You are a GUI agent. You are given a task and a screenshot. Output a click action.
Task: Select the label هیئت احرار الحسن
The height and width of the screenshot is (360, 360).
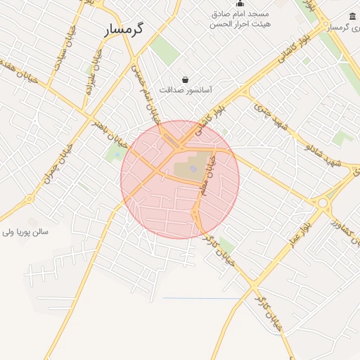(x=240, y=24)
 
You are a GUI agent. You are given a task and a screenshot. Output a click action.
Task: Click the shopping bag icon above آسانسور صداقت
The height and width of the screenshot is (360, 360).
(x=185, y=80)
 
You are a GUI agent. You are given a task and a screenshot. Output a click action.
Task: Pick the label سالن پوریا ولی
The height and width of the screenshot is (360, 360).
(x=25, y=231)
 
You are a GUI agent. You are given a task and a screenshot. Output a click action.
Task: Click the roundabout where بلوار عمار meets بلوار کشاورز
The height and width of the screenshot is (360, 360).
(x=323, y=203)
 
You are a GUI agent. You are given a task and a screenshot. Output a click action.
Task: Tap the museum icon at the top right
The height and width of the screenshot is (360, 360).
(x=352, y=16)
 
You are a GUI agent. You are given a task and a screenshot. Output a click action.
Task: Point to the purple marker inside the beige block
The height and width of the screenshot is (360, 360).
(x=193, y=168)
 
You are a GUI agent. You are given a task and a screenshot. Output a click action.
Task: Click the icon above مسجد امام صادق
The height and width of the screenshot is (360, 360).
(x=240, y=4)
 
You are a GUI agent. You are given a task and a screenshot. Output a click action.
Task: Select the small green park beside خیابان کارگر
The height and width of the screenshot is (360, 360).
(x=226, y=245)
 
